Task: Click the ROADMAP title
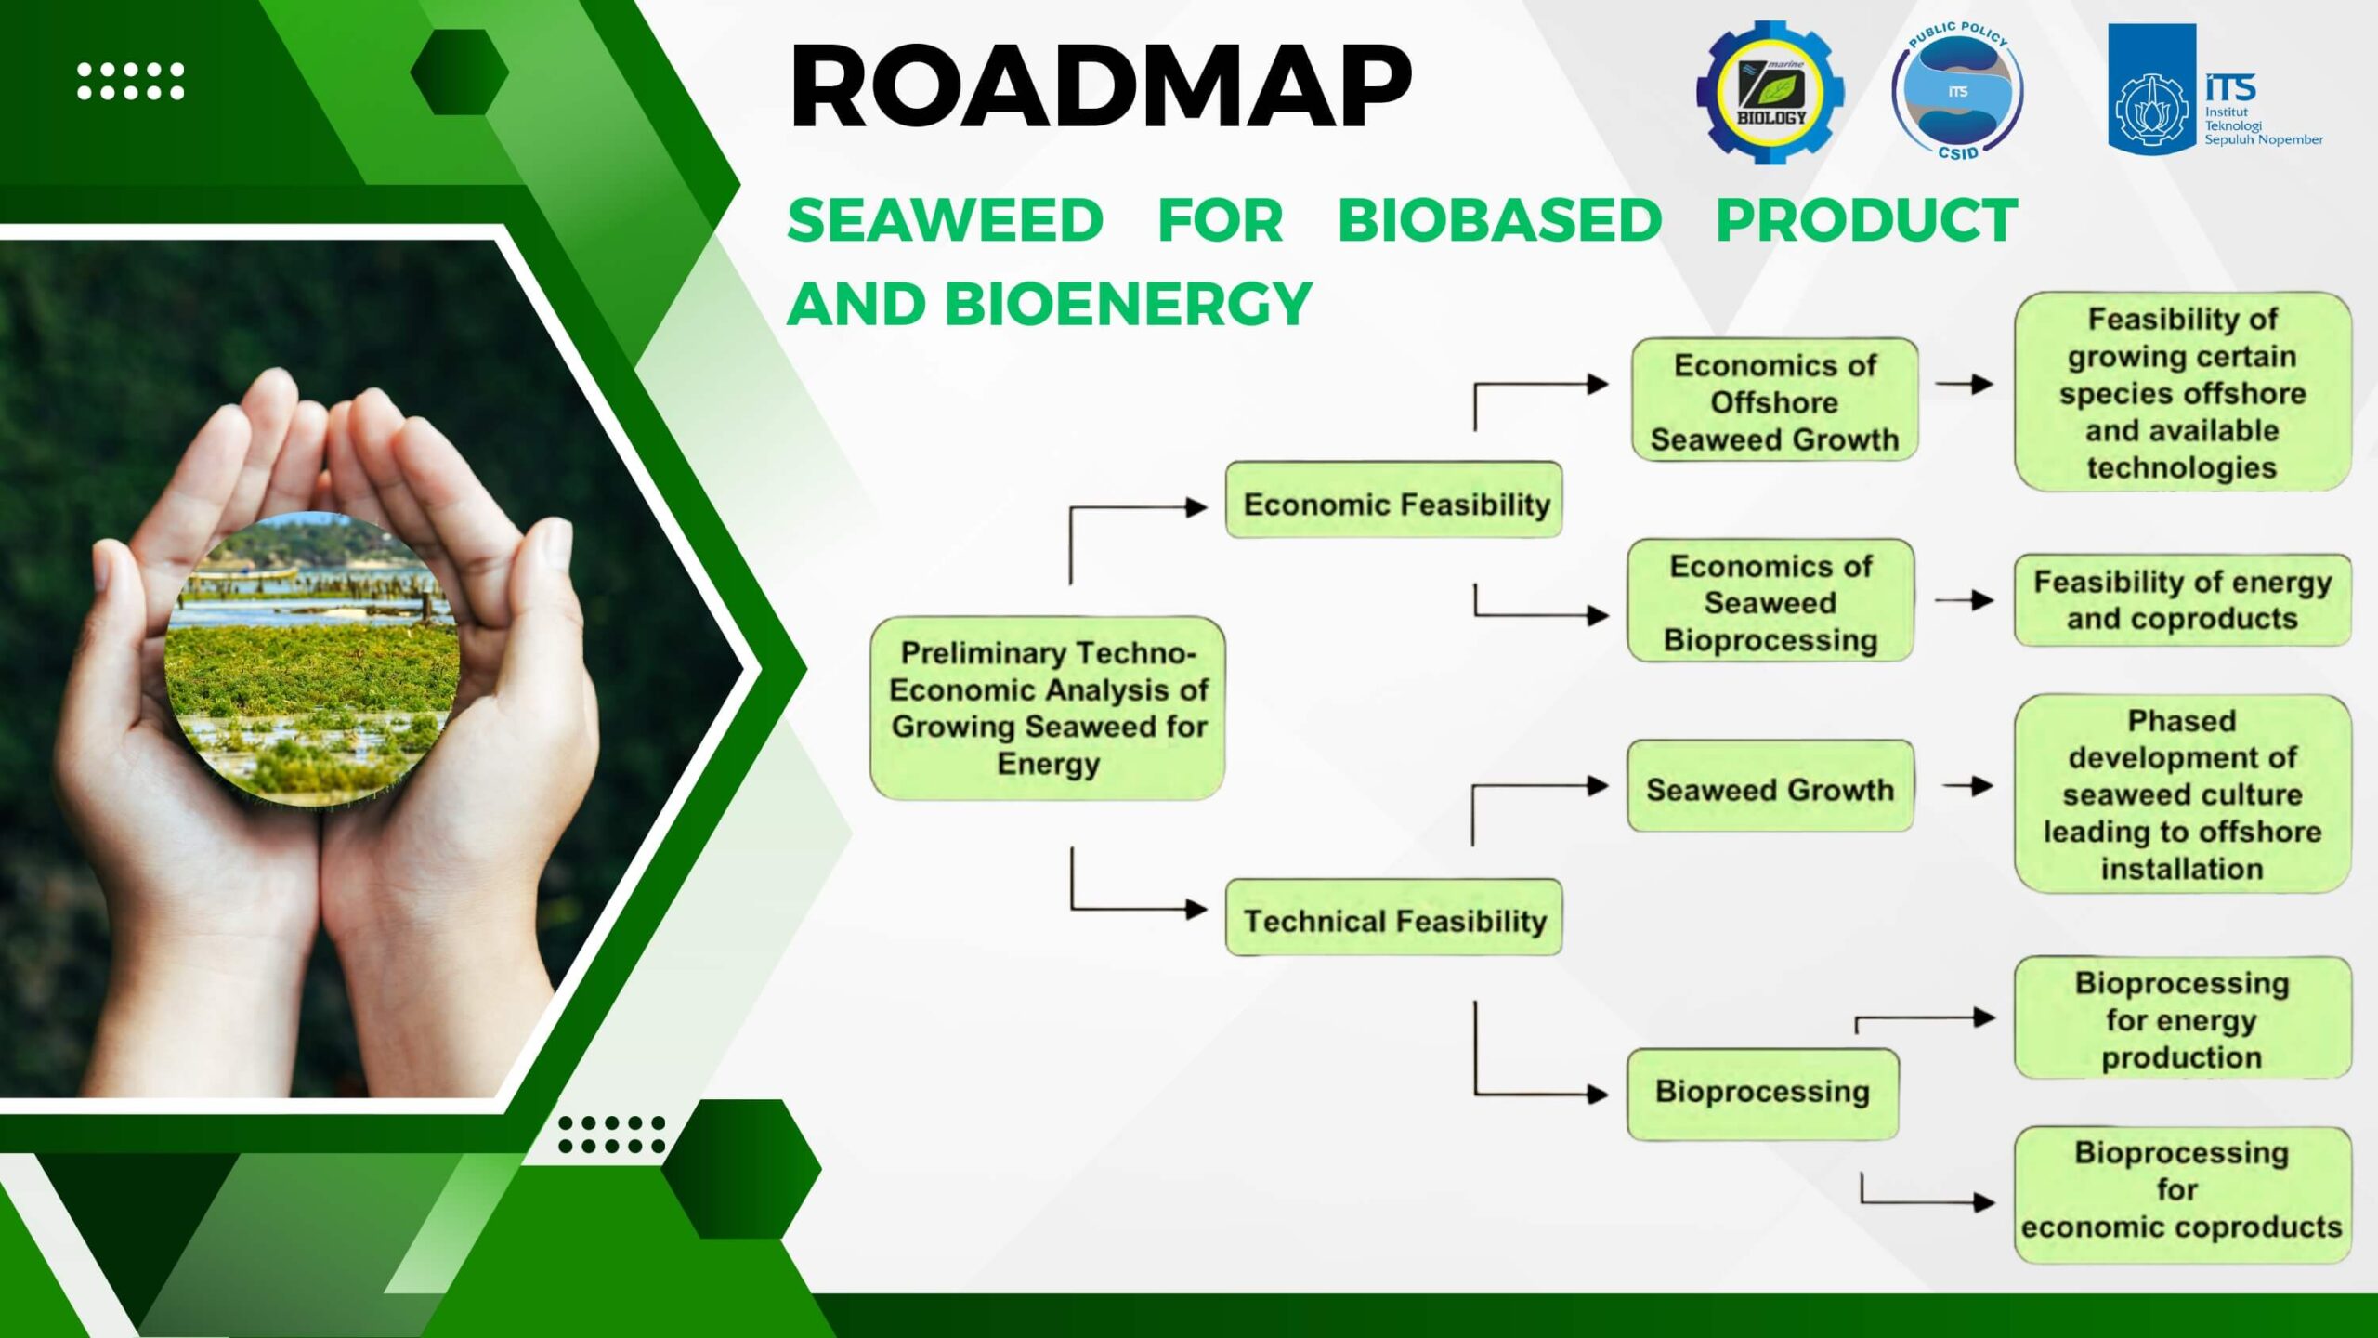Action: pyautogui.click(x=1101, y=85)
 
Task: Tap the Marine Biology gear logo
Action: pyautogui.click(x=1770, y=92)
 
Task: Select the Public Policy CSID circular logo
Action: pyautogui.click(x=1958, y=91)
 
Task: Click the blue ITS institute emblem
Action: pyautogui.click(x=2151, y=89)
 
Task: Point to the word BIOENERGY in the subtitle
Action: pyautogui.click(x=1128, y=304)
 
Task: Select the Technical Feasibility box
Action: pyautogui.click(x=1393, y=917)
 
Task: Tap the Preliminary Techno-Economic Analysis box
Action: pyautogui.click(x=1048, y=708)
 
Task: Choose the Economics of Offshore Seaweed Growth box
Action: pyautogui.click(x=1774, y=400)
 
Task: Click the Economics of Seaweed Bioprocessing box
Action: pyautogui.click(x=1770, y=600)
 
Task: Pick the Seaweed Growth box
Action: pyautogui.click(x=1770, y=786)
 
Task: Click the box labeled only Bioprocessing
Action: pyautogui.click(x=1763, y=1094)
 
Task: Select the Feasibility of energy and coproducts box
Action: pyautogui.click(x=2183, y=600)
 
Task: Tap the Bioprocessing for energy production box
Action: pyautogui.click(x=2183, y=1018)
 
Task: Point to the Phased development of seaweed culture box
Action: pyautogui.click(x=2183, y=794)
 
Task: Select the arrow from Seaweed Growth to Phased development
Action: pyautogui.click(x=1967, y=786)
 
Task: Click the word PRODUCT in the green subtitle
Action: pyautogui.click(x=1867, y=220)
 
